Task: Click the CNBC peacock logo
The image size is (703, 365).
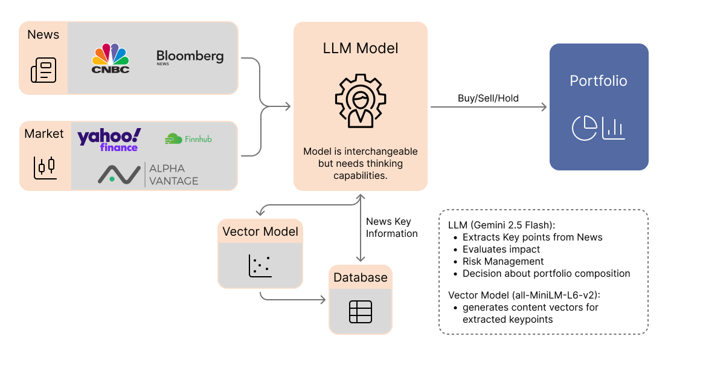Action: [x=111, y=58]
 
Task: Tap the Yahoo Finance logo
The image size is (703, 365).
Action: [x=109, y=139]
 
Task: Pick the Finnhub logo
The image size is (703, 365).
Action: [x=188, y=139]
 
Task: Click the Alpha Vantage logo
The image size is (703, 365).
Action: [x=149, y=174]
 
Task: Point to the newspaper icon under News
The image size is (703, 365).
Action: [x=43, y=69]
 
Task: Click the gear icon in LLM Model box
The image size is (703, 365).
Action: [x=361, y=100]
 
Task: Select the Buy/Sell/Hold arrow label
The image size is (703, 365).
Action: [x=489, y=98]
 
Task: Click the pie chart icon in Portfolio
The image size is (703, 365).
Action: [x=584, y=128]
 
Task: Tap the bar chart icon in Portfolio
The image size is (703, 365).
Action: [x=614, y=128]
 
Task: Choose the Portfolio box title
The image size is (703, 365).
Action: [x=599, y=81]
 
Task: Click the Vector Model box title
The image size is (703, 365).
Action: [x=260, y=231]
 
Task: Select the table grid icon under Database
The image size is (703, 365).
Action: [x=361, y=311]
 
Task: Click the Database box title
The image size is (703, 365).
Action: [x=361, y=277]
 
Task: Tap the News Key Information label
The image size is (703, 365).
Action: [x=391, y=228]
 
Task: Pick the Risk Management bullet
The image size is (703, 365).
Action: [x=503, y=261]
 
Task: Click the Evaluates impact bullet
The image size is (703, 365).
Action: [x=501, y=249]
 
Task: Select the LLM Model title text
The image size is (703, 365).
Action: [x=361, y=48]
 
